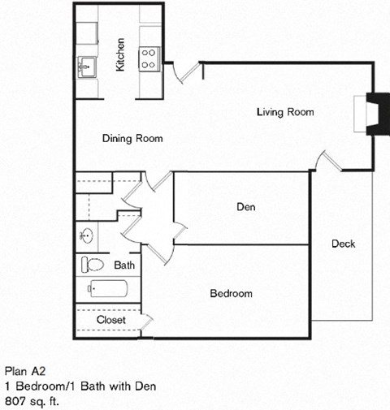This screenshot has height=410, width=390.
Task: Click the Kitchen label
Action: (120, 55)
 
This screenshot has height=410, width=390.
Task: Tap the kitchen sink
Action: (87, 68)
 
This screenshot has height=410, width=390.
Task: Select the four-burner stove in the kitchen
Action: (149, 57)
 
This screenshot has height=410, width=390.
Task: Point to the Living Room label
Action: (285, 112)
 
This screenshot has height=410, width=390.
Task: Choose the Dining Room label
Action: (132, 139)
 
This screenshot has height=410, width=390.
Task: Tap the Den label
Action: (246, 207)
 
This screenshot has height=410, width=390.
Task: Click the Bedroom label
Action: (232, 293)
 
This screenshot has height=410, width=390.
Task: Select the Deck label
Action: (344, 244)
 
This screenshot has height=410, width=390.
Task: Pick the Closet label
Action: (110, 320)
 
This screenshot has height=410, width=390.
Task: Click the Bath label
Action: (124, 265)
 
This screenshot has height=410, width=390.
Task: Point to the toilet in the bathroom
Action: (93, 265)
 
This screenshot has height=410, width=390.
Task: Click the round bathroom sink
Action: (87, 236)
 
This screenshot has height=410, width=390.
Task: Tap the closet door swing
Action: (146, 322)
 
